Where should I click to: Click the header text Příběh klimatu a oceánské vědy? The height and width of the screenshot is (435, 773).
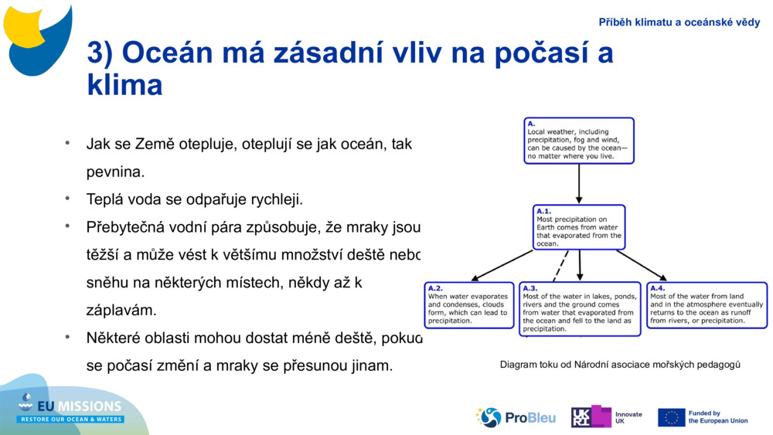pos(679,22)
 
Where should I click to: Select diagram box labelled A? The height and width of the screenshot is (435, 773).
pos(578,141)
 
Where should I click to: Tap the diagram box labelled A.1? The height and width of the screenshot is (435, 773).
pos(579,227)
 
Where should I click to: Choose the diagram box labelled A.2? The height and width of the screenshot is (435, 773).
pos(469,305)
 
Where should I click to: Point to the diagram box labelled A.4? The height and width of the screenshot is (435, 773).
pos(707,305)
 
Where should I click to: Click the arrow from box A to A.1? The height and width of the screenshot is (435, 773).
pos(579,184)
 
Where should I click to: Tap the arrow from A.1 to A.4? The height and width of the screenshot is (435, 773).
pos(642,265)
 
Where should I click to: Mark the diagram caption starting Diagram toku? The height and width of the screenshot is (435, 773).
pos(620,364)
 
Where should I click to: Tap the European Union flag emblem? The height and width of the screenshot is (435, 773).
pos(671,417)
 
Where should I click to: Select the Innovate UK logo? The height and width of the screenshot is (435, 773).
pos(606,417)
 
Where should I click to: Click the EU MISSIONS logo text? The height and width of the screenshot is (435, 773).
pos(71,408)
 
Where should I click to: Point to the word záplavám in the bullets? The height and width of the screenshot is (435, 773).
pos(121,310)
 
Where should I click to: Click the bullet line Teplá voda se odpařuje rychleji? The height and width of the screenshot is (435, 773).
pos(194,199)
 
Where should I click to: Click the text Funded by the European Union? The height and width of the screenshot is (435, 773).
pos(717,417)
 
